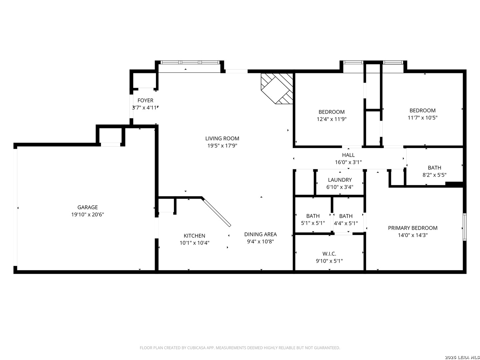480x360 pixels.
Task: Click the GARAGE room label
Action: coord(87,207)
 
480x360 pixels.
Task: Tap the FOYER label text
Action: coord(145,101)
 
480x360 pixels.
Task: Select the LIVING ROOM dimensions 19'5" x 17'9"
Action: coord(222,146)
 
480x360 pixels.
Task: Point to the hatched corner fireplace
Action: coord(277,88)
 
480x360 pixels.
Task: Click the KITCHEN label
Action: coord(194,236)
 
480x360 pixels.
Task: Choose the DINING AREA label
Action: coord(260,234)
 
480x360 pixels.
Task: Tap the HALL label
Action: coord(348,155)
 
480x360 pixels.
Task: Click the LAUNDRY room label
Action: coord(340,180)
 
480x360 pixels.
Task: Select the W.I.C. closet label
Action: coord(329,254)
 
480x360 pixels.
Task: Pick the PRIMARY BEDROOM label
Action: coord(413,228)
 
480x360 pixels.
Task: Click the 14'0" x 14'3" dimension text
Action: coord(413,235)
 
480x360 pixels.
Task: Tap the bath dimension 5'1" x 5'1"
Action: coord(313,223)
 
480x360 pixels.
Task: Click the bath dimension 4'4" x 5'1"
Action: coord(346,223)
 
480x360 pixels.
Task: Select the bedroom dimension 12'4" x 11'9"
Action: coord(332,119)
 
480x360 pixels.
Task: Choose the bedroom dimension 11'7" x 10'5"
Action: coord(422,118)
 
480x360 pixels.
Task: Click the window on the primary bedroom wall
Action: coord(464,227)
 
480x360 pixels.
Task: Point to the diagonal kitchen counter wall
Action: coord(216,212)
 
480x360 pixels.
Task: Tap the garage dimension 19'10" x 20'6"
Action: coord(87,214)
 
